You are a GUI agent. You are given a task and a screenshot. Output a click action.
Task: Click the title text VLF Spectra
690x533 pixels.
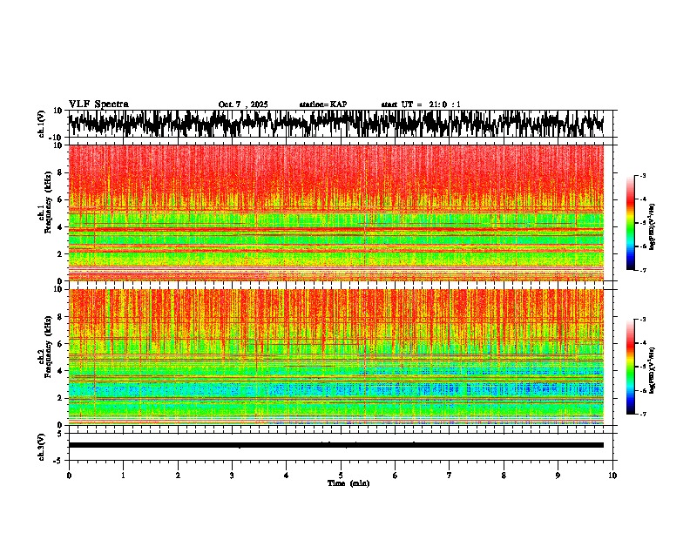coord(98,105)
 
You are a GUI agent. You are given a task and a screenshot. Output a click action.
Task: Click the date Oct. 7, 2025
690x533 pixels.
coord(243,105)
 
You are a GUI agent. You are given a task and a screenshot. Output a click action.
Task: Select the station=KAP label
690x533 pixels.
coord(322,105)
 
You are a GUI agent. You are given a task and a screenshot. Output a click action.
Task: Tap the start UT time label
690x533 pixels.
coord(421,105)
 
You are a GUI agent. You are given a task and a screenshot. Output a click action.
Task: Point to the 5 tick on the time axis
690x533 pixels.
coord(341,476)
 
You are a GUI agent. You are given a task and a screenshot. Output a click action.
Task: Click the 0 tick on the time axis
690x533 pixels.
coord(69,476)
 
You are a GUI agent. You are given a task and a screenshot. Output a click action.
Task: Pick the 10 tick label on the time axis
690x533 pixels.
coord(612,476)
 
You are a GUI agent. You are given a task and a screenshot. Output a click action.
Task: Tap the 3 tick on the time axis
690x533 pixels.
coord(232,476)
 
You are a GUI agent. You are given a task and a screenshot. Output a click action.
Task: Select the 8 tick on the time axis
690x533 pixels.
coord(504,476)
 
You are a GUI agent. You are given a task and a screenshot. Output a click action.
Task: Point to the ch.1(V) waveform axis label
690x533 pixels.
coord(42,124)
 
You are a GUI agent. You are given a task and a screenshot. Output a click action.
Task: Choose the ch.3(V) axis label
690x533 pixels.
coord(42,445)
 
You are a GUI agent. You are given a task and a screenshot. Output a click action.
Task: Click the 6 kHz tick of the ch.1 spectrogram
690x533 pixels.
coord(59,199)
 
